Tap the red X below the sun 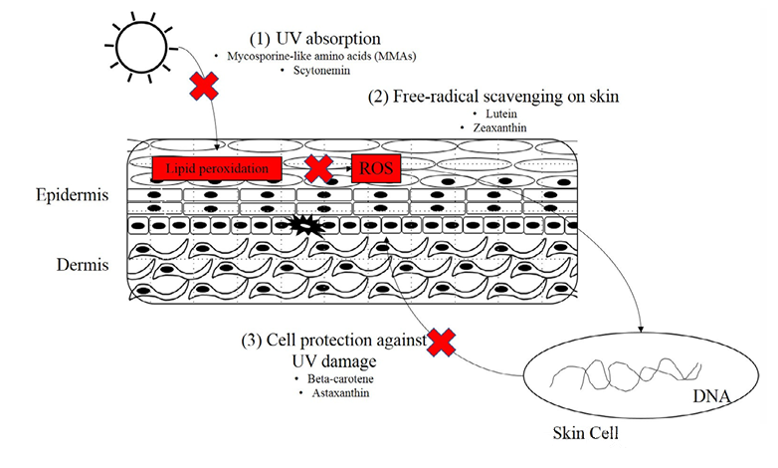pos(205,86)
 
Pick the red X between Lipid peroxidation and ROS pos(318,168)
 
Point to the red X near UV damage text pos(441,344)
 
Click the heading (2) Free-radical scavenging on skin pos(493,97)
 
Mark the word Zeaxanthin pos(493,128)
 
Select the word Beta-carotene pos(333,381)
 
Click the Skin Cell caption pos(588,436)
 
